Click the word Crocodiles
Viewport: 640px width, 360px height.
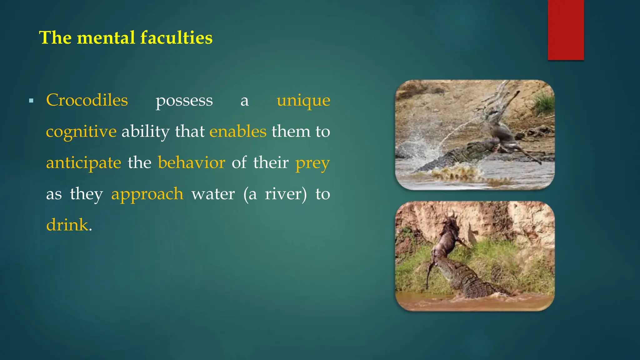87,100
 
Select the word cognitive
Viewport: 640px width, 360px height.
81,132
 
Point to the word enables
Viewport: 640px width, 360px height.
238,131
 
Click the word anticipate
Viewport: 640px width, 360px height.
83,163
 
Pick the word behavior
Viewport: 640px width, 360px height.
191,162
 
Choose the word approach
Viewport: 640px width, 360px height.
147,194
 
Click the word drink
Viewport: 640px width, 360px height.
67,225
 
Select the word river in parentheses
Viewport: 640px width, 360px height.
284,194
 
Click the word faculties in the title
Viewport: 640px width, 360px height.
176,38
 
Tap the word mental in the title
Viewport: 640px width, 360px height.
106,38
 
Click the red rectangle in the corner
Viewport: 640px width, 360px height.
566,30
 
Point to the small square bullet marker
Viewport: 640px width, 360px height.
31,101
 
